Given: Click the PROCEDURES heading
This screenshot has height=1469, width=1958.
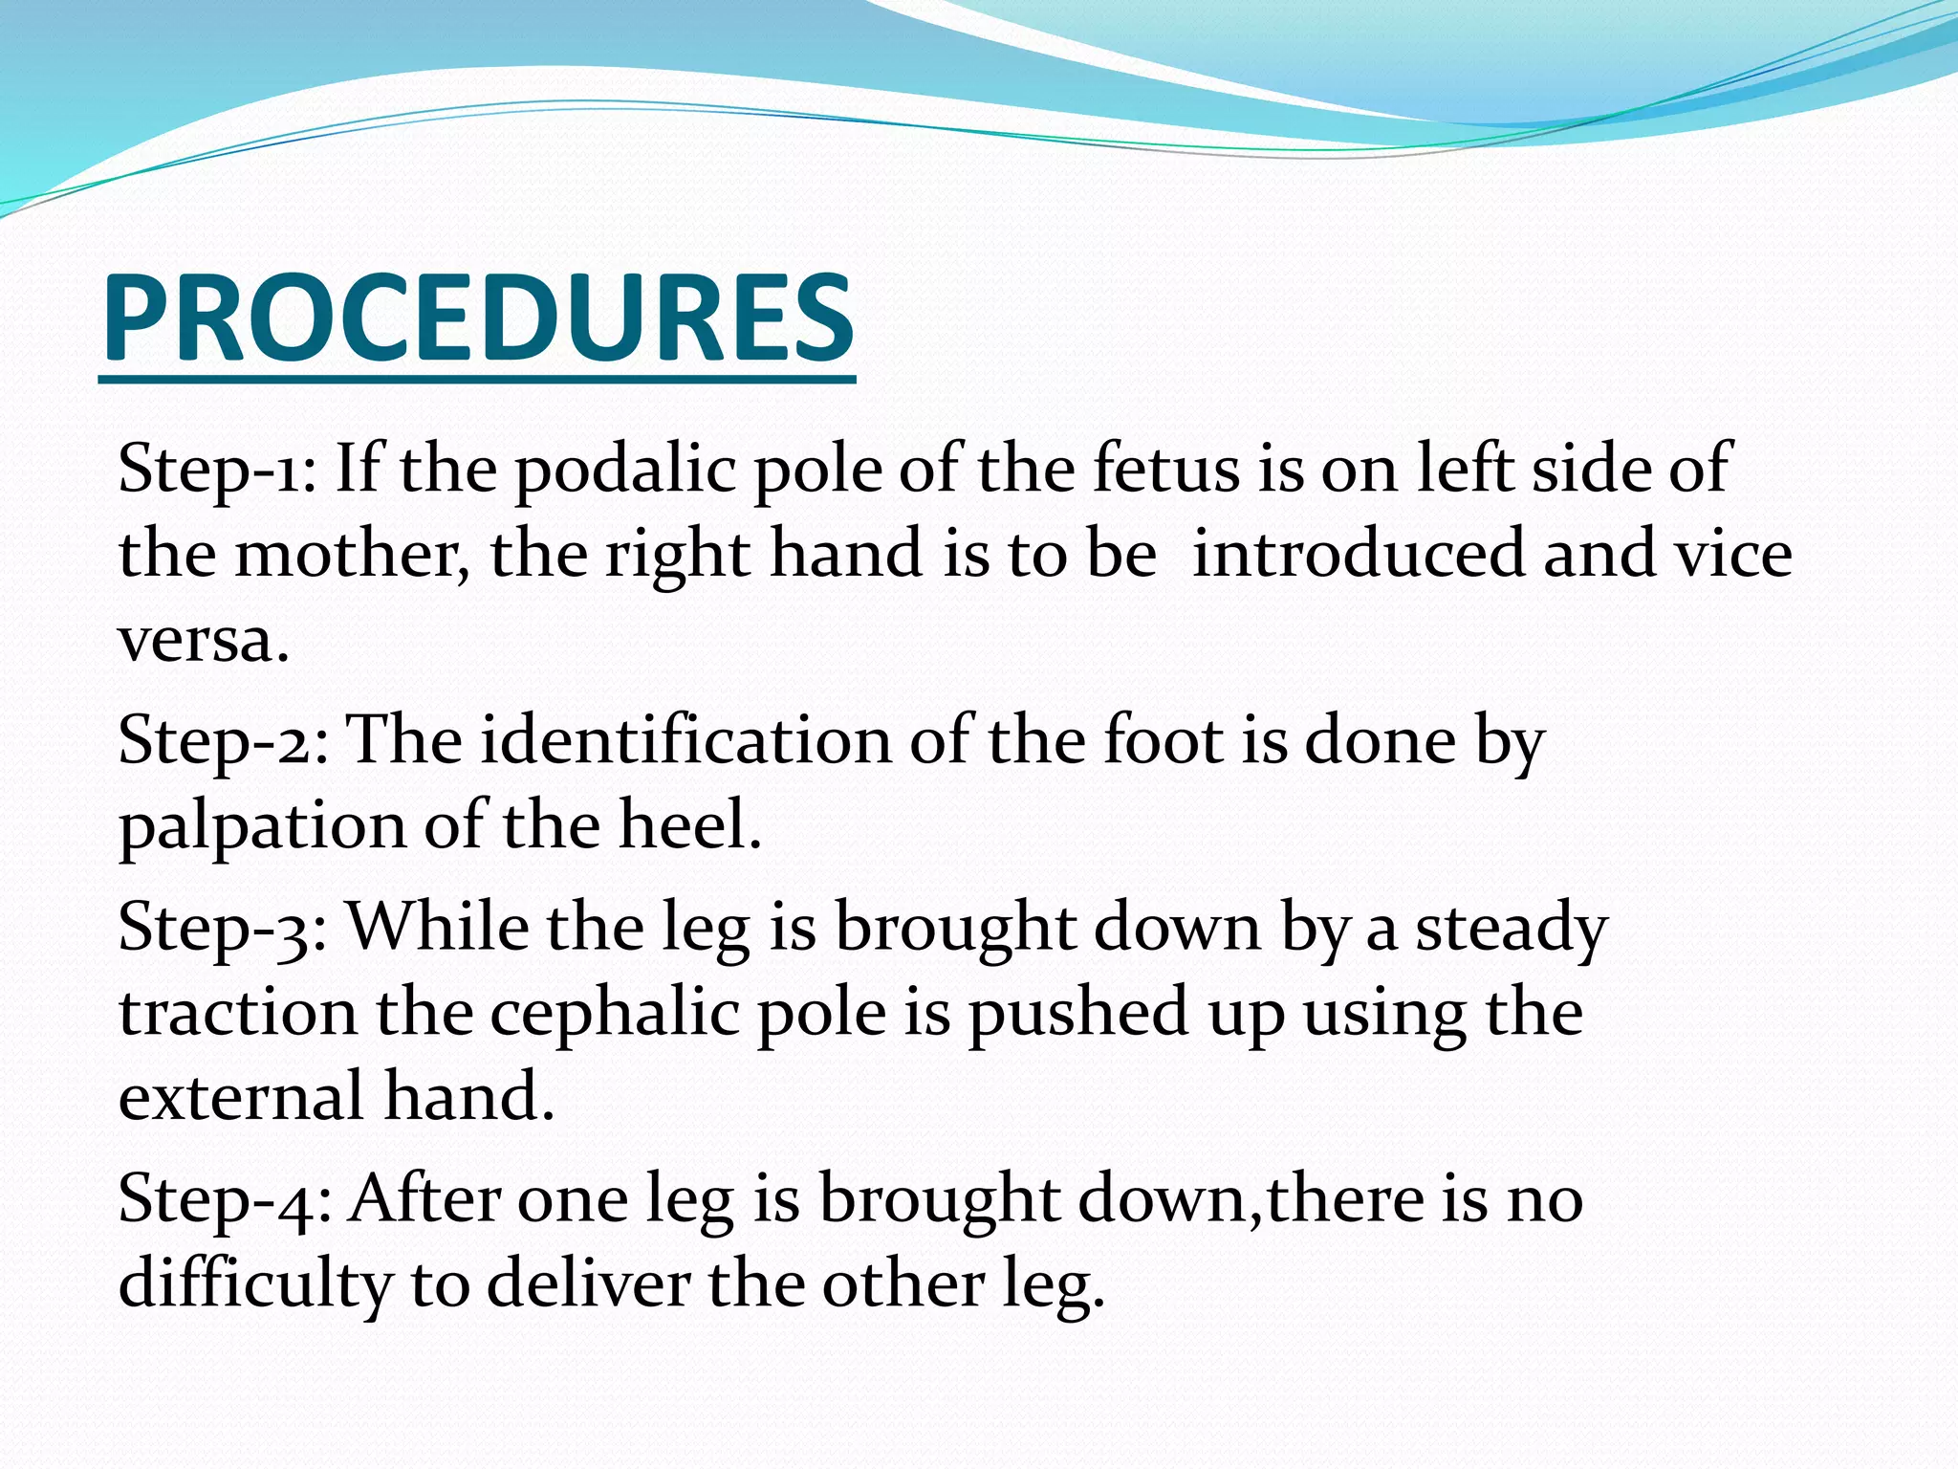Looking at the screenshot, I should (477, 318).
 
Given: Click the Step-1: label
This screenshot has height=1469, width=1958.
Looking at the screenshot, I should (217, 469).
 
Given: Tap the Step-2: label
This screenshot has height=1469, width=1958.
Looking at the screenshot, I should (224, 740).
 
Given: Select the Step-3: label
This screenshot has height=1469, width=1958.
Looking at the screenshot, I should (224, 927).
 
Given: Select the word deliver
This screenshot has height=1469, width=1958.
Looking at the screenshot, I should (588, 1283).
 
